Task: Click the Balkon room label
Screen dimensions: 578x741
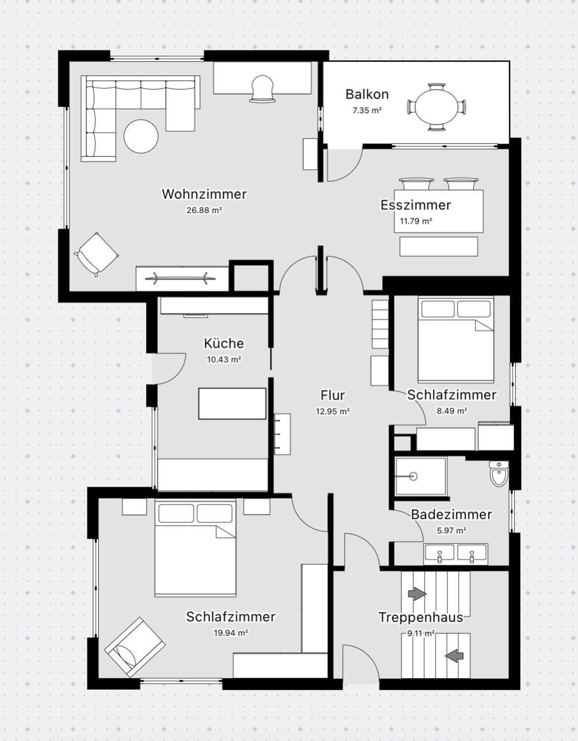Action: coord(367,94)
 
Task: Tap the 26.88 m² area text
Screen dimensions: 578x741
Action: coord(204,210)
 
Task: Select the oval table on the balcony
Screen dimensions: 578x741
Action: coord(437,107)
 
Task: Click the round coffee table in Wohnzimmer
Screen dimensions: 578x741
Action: coord(141,136)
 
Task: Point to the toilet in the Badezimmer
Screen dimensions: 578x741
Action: coord(499,473)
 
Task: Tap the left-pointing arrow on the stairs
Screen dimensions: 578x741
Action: coord(454,655)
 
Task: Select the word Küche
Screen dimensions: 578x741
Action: coord(224,343)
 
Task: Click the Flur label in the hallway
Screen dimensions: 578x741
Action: coord(332,395)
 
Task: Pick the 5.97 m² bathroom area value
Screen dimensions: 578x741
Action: coord(452,530)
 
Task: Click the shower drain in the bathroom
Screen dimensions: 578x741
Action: coord(413,476)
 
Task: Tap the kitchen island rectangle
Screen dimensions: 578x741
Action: coord(232,403)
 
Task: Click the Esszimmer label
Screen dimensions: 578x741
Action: coord(416,205)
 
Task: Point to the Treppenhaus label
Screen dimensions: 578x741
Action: coord(421,617)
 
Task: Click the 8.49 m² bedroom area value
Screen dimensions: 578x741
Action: coord(452,411)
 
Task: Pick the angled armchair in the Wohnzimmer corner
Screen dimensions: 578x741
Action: coord(96,254)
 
